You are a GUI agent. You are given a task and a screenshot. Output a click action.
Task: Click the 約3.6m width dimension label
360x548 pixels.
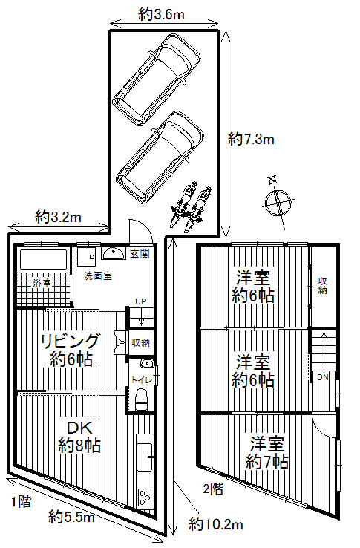tap(161, 15)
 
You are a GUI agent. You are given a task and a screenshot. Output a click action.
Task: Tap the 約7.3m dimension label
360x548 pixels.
tap(251, 140)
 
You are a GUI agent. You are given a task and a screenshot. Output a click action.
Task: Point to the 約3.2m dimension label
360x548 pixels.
tap(58, 218)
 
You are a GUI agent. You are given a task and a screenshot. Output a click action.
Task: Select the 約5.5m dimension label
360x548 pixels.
tap(72, 517)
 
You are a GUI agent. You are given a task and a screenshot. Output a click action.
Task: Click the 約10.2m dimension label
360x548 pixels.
tap(216, 524)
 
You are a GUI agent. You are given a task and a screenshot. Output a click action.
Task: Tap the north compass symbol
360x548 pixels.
tap(278, 203)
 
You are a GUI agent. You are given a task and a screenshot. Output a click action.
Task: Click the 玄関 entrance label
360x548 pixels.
tap(140, 254)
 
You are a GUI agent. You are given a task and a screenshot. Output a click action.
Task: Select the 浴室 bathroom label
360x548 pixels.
tap(42, 283)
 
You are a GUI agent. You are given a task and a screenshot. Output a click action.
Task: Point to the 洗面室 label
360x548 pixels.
tap(98, 275)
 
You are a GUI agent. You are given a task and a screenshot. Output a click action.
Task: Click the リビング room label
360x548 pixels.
tap(71, 341)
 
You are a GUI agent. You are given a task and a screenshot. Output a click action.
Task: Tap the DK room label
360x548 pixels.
tap(79, 428)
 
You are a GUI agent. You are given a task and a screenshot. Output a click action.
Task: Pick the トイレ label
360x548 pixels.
tap(142, 379)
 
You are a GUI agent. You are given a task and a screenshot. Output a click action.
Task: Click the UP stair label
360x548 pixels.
tap(141, 301)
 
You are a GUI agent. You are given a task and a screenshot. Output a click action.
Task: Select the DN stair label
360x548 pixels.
tap(323, 377)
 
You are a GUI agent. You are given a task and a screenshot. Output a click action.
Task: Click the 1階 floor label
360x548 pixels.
tap(22, 502)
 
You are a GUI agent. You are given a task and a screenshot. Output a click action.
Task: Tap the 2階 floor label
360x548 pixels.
tap(213, 489)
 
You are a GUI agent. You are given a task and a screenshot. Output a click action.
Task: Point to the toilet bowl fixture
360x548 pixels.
tap(143, 399)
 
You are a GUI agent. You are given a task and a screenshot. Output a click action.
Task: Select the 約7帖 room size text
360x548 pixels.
tap(267, 462)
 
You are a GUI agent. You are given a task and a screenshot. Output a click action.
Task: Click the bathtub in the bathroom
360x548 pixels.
tap(44, 259)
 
